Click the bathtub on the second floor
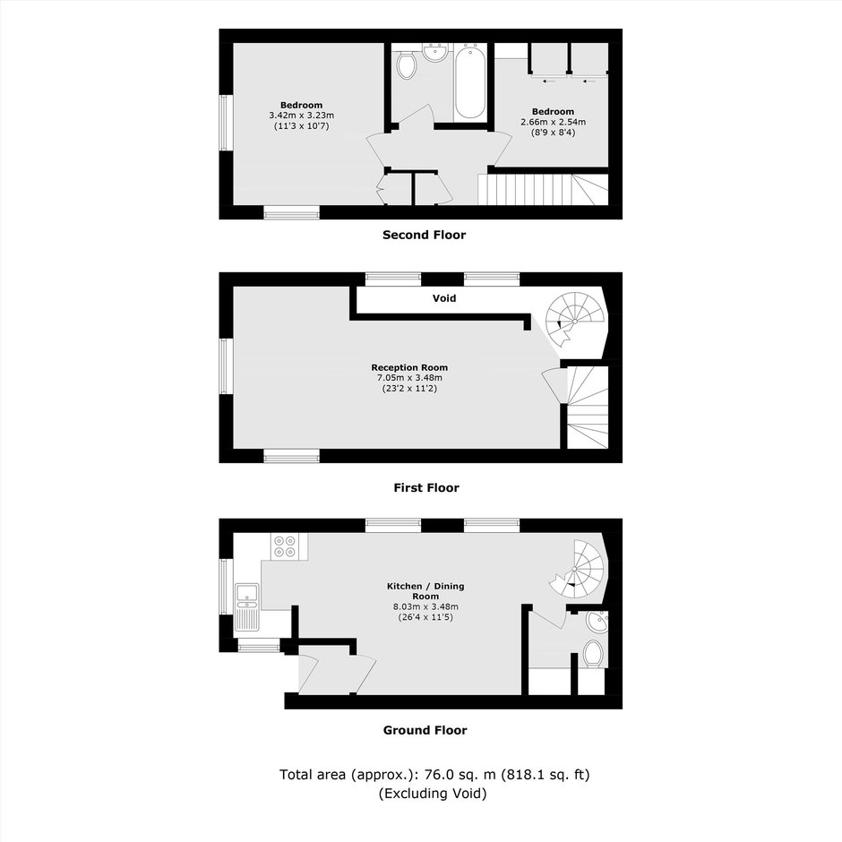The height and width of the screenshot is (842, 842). (x=470, y=82)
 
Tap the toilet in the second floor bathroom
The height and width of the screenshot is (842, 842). (x=407, y=64)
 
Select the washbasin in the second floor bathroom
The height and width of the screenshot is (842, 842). (x=435, y=52)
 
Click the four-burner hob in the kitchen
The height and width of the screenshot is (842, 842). (x=285, y=546)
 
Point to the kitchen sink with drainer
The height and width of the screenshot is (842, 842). (x=247, y=606)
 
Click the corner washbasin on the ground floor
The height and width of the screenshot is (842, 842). (x=597, y=622)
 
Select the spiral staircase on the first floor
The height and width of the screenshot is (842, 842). (x=573, y=320)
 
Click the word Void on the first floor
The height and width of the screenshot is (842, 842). (x=444, y=298)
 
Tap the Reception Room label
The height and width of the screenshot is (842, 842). (x=409, y=367)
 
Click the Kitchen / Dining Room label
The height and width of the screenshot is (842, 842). (x=425, y=590)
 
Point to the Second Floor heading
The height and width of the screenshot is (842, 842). (x=424, y=235)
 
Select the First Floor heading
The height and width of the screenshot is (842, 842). (x=425, y=487)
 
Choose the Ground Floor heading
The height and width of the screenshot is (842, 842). (x=425, y=730)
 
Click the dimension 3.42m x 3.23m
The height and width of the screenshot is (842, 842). (x=301, y=115)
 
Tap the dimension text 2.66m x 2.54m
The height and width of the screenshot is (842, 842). (x=553, y=122)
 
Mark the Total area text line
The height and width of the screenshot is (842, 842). (x=434, y=774)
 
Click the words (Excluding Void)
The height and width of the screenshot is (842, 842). (x=433, y=793)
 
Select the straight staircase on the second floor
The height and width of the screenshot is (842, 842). (x=543, y=189)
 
